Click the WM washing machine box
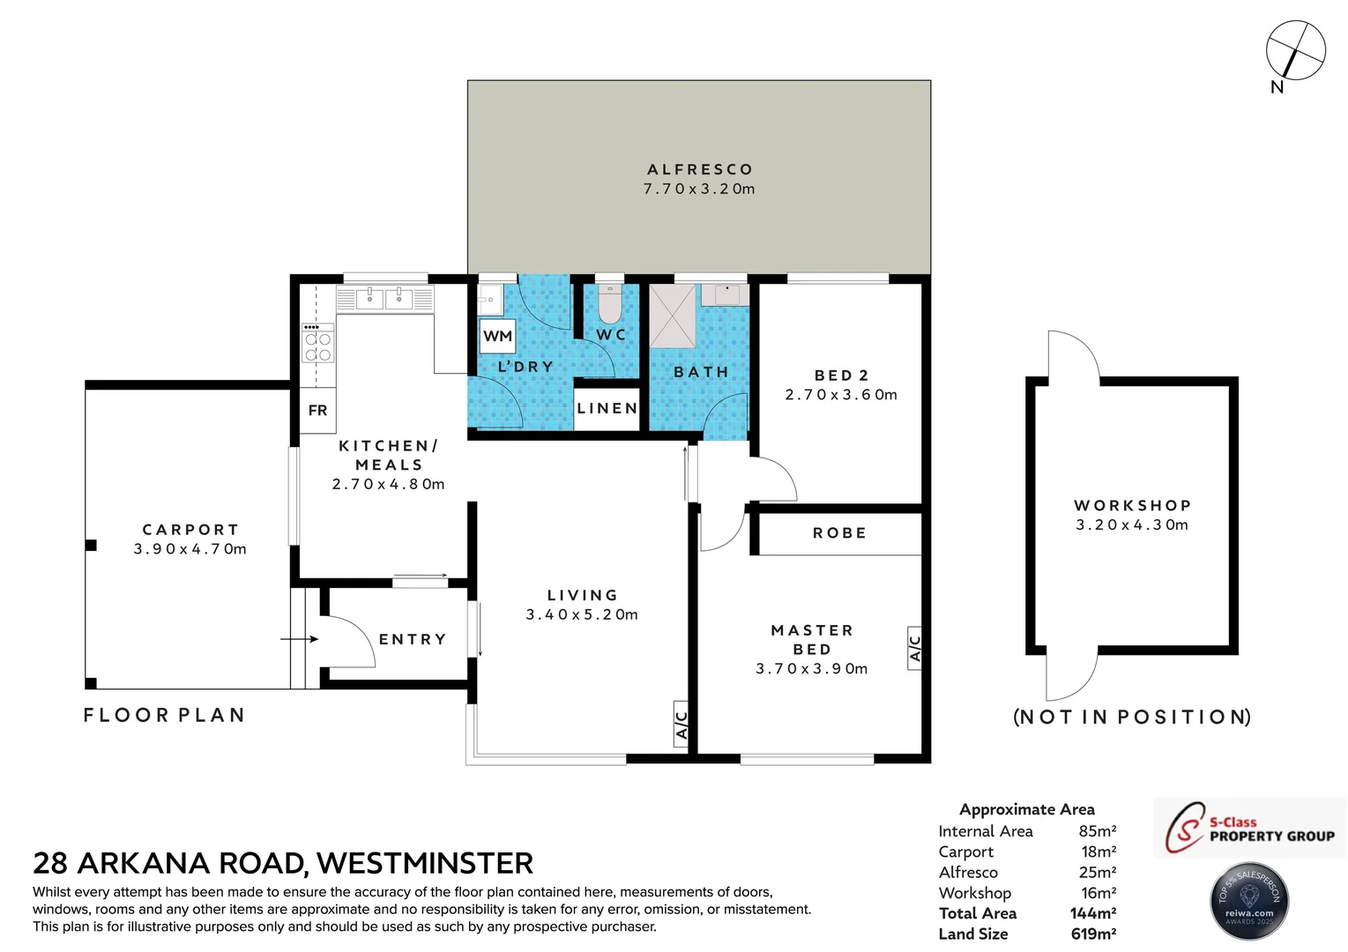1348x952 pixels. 498,336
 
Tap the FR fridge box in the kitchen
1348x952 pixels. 317,411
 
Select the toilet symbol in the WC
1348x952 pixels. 609,306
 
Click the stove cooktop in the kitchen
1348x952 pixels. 317,344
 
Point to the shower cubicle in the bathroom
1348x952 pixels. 672,316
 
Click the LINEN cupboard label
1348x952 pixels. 607,409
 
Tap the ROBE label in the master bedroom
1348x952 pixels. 839,533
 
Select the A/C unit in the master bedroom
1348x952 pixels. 914,648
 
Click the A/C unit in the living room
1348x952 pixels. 681,725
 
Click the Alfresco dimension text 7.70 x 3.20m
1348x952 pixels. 699,189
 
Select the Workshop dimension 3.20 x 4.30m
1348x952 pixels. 1132,524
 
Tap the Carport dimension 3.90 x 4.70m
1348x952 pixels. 190,549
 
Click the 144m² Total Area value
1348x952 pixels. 1093,913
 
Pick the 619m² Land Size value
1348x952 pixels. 1093,934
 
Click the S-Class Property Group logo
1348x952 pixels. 1249,828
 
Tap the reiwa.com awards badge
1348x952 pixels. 1249,901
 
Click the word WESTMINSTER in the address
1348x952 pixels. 425,863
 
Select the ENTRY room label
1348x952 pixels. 413,639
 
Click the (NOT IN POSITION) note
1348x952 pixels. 1132,717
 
